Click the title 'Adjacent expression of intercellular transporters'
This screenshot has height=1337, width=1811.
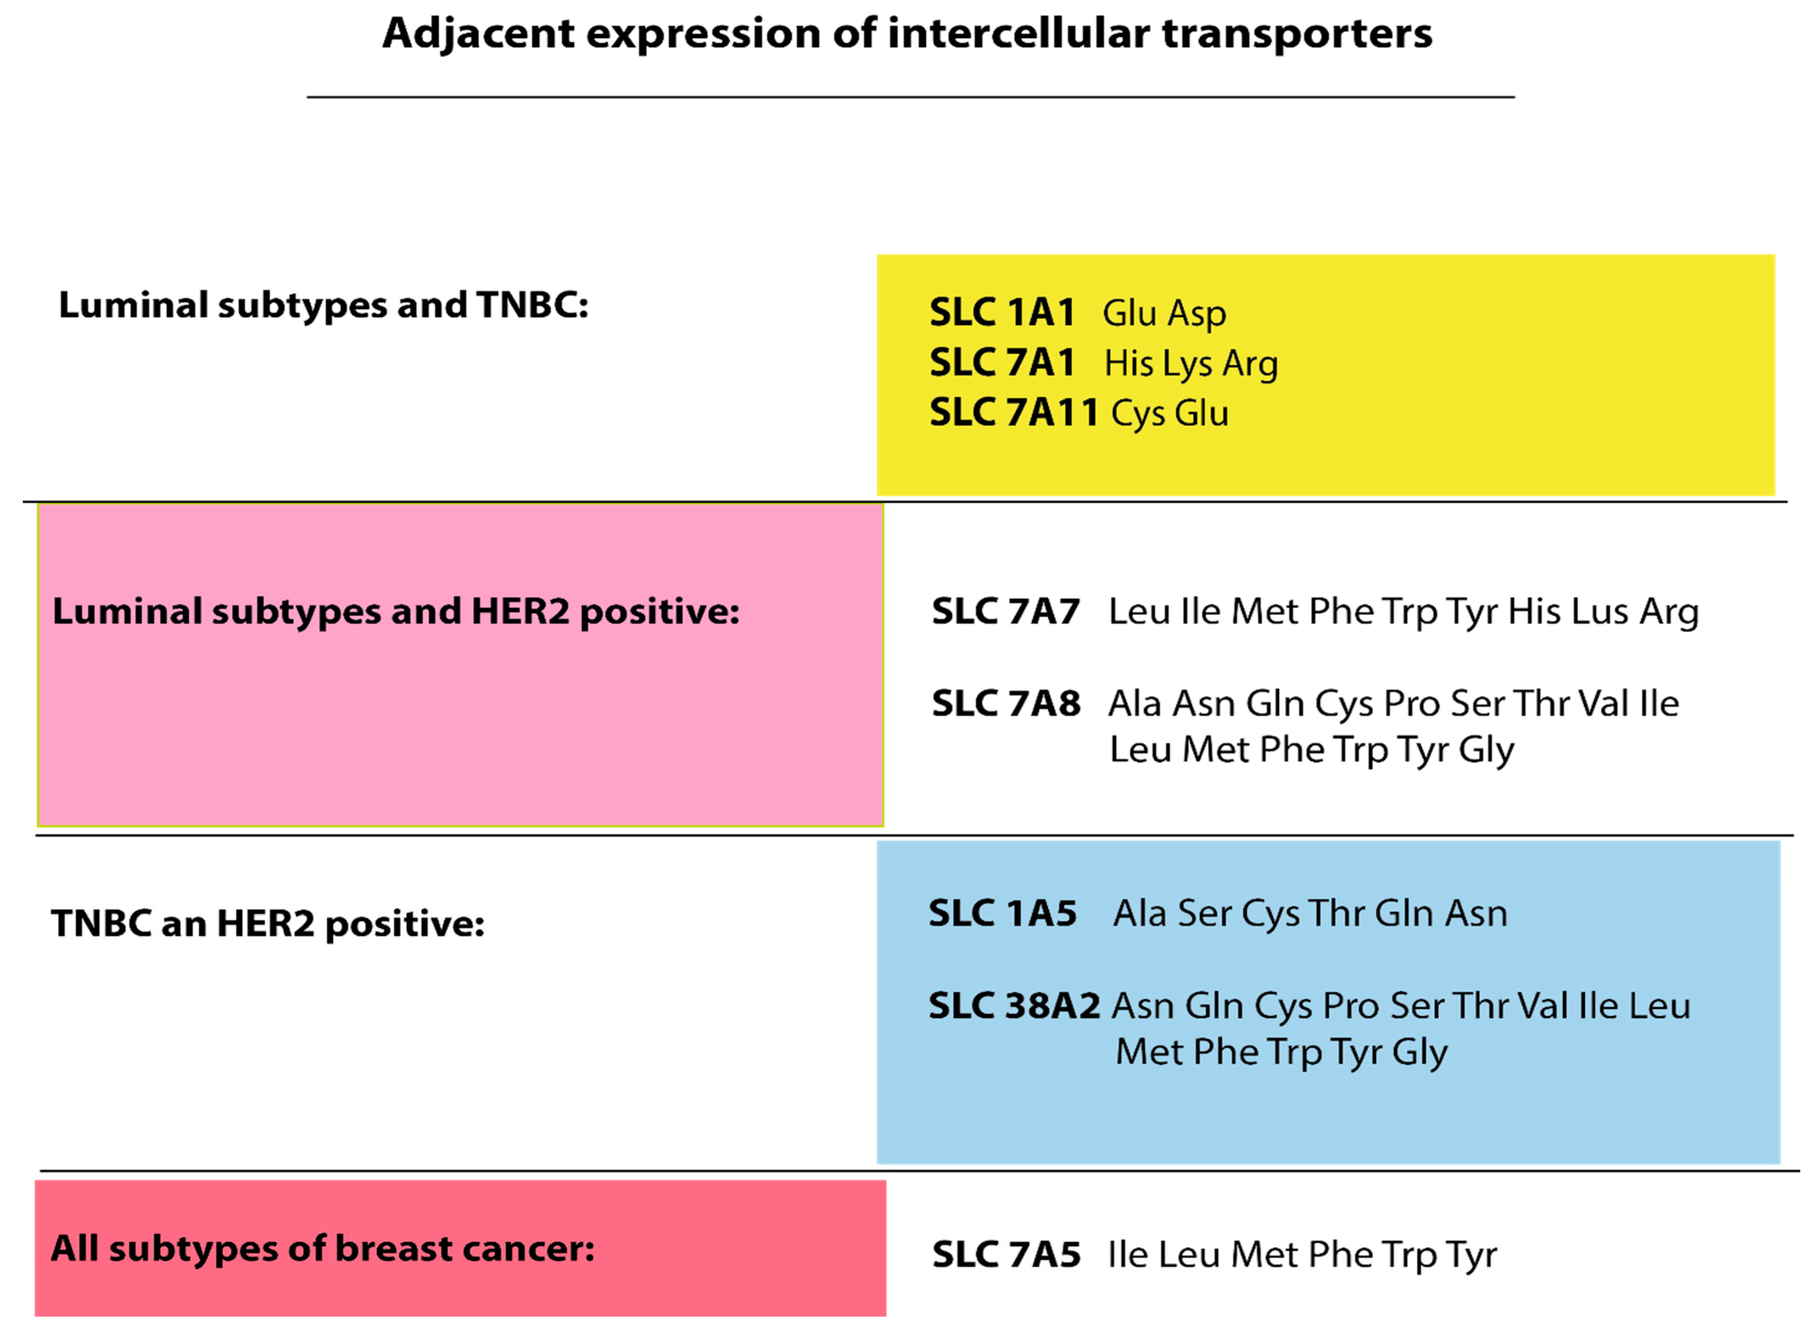coord(907,34)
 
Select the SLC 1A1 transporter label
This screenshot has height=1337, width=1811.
coord(1002,312)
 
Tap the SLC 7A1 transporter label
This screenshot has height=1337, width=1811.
coord(1002,363)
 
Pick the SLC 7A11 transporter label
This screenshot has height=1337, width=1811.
coord(1014,413)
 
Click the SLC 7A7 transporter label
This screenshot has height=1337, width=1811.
coord(1006,612)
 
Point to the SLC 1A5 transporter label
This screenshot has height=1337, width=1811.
coord(1002,914)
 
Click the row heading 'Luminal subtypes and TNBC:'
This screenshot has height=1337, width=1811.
coord(324,306)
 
